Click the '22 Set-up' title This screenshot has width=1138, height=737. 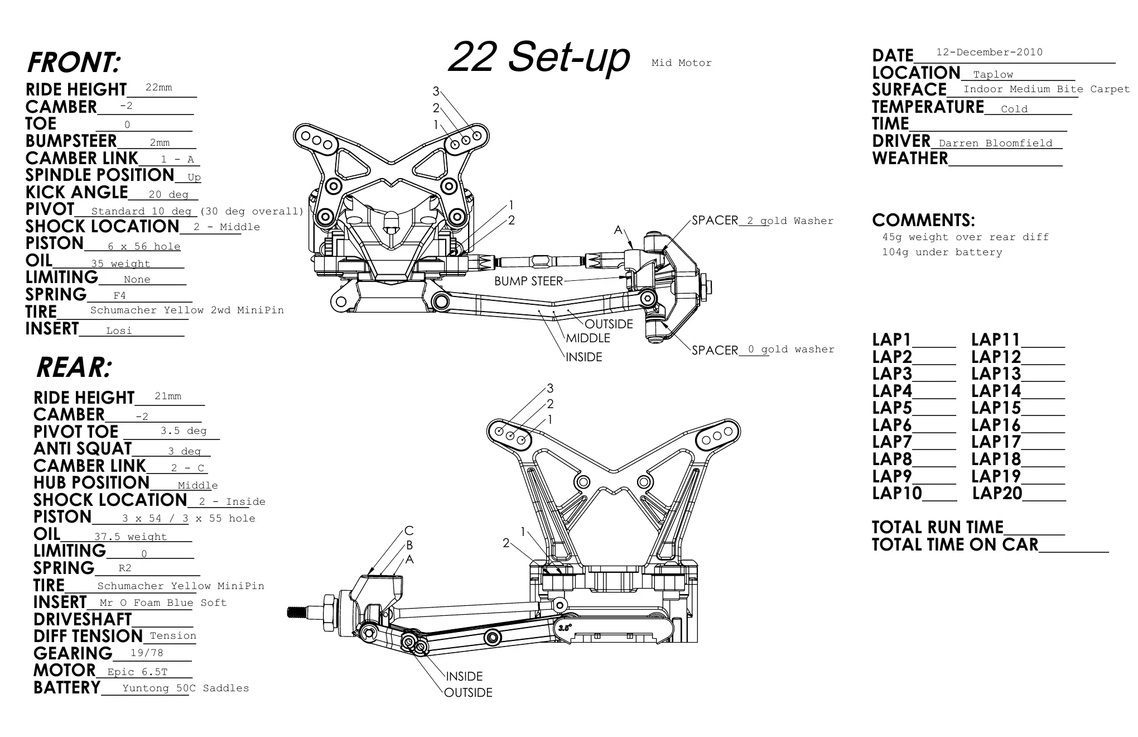tap(539, 58)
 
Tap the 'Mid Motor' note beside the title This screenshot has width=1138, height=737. tap(682, 63)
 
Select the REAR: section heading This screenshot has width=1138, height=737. tap(74, 367)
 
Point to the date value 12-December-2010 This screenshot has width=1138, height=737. tap(989, 52)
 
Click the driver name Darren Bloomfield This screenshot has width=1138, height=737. tap(996, 143)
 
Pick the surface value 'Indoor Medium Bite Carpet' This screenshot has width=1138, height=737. tap(1047, 89)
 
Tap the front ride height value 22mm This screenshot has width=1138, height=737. tap(159, 88)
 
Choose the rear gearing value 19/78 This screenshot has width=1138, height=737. tap(147, 653)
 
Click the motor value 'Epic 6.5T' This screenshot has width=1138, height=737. tap(137, 672)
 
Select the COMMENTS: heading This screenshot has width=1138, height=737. tap(923, 220)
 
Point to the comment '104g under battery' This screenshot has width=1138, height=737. tap(942, 252)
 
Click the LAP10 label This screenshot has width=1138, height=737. tap(897, 494)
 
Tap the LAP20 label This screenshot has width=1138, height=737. tap(997, 494)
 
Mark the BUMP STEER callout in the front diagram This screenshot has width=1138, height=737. tap(528, 281)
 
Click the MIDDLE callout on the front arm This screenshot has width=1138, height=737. tap(588, 338)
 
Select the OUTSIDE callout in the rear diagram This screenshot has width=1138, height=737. tap(468, 693)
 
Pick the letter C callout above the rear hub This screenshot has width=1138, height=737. tap(409, 531)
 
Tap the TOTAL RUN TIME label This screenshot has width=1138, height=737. tap(938, 528)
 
